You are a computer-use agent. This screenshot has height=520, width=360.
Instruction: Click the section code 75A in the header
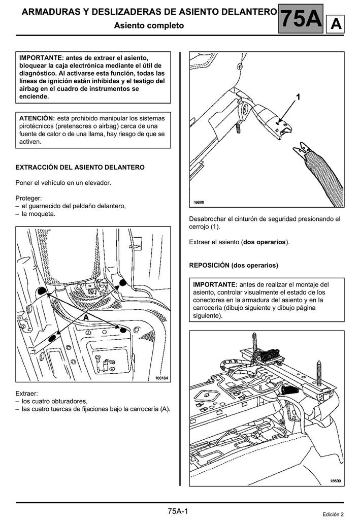coord(301,19)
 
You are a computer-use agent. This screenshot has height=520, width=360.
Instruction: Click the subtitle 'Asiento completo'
coord(149,25)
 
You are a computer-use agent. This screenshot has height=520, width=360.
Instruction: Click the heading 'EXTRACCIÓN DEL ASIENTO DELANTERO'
coord(80,167)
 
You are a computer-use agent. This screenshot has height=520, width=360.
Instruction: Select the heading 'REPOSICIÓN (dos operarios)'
coord(233,266)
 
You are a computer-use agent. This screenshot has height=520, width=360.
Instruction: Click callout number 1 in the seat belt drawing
coord(299,96)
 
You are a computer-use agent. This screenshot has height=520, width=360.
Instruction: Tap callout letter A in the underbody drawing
coord(86,316)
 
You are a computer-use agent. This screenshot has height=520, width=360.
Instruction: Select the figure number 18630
coord(335,480)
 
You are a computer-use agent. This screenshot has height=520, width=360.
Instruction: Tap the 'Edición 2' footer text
coord(333,514)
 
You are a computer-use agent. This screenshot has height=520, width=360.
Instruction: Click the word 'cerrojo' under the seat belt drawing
coord(200,226)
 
